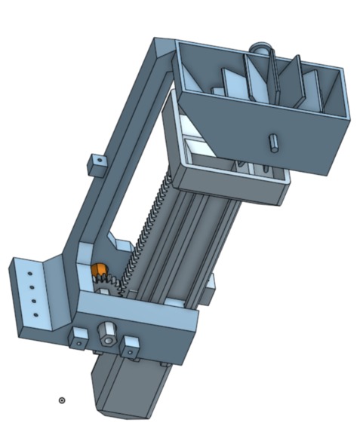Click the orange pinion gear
pos(98,271)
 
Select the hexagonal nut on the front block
pos(108,332)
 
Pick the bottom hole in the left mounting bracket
pos(34,313)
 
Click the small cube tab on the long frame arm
pos(95,163)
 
